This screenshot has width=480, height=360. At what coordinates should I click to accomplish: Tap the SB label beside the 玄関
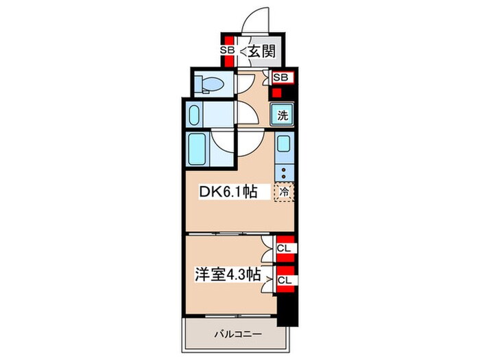[227, 50]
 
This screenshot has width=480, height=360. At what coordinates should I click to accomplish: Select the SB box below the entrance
[280, 77]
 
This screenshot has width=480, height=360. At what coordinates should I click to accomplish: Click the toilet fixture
[209, 84]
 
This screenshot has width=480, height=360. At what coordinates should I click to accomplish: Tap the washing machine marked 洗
[283, 115]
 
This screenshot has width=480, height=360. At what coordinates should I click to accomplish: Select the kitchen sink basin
[284, 145]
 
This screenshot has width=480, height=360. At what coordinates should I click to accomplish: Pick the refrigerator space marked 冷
[284, 192]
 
